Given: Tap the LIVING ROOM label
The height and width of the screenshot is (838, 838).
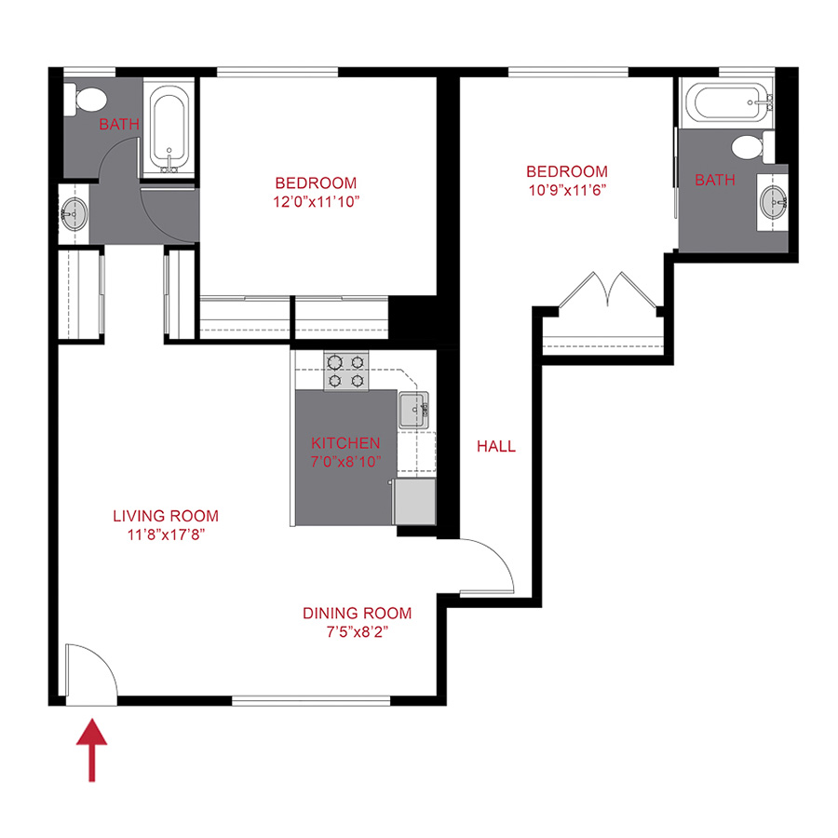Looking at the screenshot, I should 166,516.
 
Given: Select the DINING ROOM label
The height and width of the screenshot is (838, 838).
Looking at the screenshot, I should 357,614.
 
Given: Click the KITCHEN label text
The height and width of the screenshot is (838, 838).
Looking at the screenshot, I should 345,443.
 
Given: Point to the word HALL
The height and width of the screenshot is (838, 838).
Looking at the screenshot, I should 496,447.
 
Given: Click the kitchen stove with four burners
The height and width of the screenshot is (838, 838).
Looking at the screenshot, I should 345,371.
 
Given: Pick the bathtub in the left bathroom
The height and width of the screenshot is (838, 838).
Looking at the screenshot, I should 169,130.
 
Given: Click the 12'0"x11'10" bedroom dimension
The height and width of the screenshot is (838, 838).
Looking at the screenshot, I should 316,200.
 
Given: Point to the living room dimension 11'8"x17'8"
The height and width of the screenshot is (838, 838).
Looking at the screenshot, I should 166,534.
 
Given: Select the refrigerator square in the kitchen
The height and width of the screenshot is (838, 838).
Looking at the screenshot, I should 415,502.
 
